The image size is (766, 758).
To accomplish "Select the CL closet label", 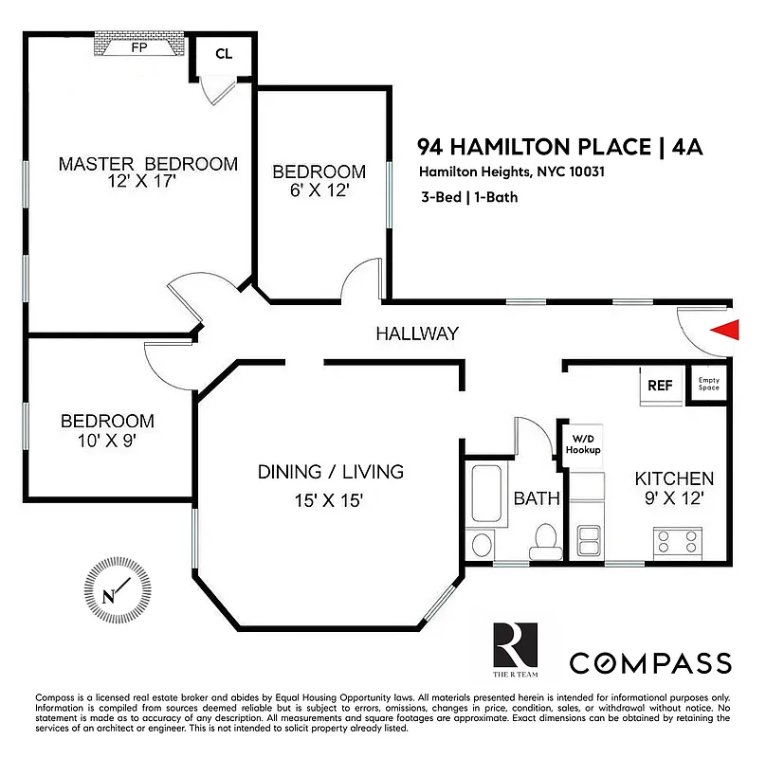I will tap(224, 54).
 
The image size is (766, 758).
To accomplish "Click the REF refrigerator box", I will tap(660, 387).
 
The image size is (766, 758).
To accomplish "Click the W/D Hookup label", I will tap(584, 444).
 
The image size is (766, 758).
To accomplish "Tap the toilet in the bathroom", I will tap(545, 537).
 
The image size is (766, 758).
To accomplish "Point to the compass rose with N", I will tap(118, 595).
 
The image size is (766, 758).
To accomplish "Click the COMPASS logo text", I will tap(649, 662).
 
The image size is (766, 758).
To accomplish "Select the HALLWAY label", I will tap(417, 334).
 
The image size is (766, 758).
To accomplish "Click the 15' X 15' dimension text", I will tap(330, 500).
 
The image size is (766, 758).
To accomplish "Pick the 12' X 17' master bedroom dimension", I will tap(143, 183).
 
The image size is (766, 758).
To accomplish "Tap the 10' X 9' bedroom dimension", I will tap(107, 441).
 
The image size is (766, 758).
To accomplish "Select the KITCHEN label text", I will tap(674, 478).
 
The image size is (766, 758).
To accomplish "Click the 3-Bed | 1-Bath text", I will tap(470, 199).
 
